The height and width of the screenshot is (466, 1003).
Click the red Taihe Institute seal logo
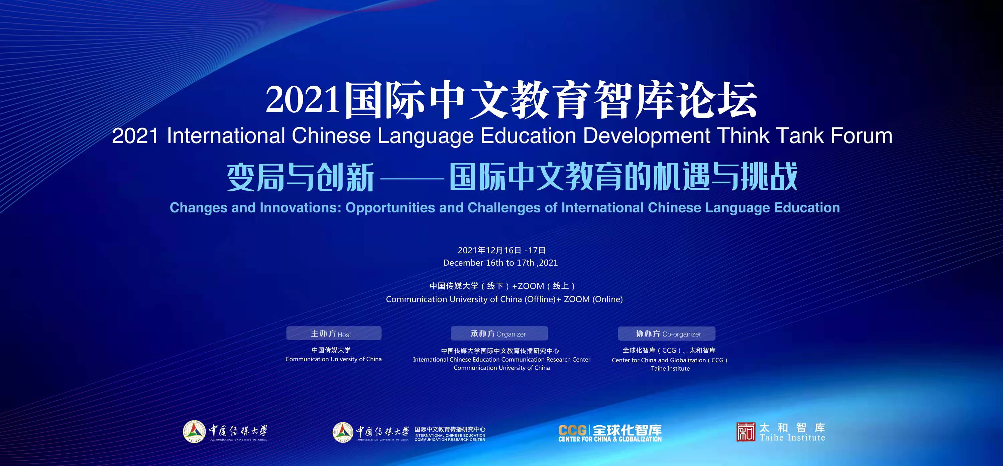[x=746, y=432]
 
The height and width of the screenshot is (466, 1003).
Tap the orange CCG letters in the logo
[x=572, y=430]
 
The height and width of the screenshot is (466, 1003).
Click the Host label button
[x=334, y=334]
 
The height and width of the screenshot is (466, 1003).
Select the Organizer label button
[x=499, y=334]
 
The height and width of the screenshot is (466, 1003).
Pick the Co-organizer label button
[x=667, y=334]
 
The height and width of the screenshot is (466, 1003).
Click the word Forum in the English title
[x=861, y=135]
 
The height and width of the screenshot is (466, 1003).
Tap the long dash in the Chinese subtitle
[x=412, y=178]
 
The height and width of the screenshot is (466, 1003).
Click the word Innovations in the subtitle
[x=300, y=208]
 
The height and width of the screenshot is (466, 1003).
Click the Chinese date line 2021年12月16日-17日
[x=501, y=250]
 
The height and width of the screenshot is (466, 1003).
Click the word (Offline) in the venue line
[x=540, y=299]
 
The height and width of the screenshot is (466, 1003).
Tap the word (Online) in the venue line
[x=607, y=299]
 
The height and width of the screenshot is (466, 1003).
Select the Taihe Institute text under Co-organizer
[x=670, y=368]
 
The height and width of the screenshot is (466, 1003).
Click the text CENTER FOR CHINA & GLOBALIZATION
[x=610, y=439]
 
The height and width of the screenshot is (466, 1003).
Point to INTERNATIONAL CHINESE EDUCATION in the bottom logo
[x=450, y=435]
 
